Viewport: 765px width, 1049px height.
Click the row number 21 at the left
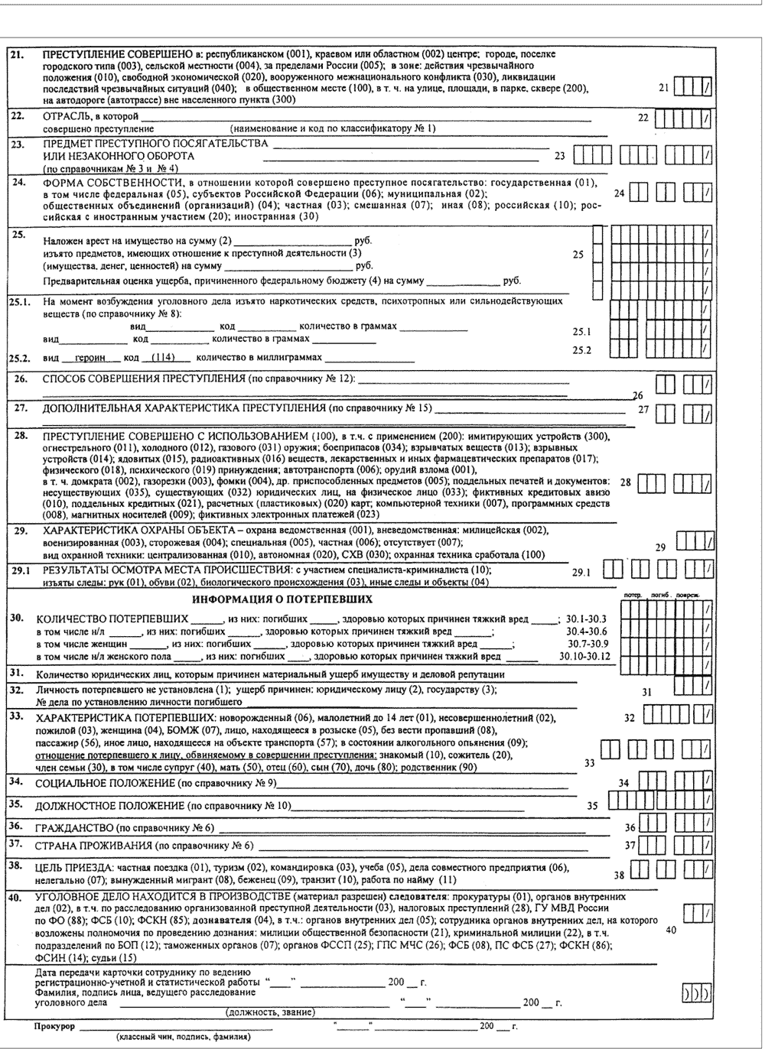(16, 55)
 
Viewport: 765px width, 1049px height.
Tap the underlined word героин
(90, 358)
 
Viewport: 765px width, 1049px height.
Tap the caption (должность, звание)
(271, 1012)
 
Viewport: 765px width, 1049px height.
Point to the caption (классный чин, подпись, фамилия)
(183, 1038)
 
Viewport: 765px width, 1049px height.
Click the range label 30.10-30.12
(584, 656)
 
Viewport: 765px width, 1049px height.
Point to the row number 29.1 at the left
(19, 570)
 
